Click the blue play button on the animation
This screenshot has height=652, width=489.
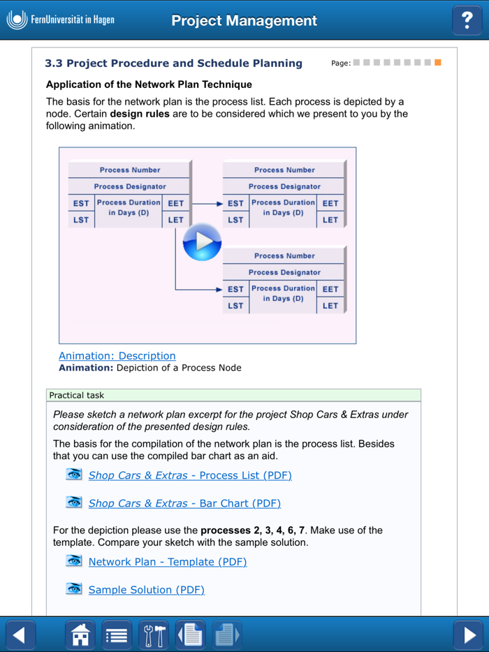point(202,242)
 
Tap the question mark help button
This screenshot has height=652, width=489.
point(467,20)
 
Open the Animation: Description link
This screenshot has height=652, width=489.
point(117,356)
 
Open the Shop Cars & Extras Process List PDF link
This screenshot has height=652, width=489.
point(189,475)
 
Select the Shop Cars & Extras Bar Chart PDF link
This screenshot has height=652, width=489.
point(184,503)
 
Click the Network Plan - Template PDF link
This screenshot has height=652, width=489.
point(167,562)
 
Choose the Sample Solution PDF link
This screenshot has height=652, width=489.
point(146,590)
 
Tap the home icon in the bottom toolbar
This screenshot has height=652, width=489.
point(80,635)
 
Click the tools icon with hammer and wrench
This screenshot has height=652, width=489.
point(153,635)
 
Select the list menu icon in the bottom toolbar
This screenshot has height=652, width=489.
point(117,635)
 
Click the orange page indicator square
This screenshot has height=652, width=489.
point(438,63)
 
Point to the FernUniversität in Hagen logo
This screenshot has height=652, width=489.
point(60,20)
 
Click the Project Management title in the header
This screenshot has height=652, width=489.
point(244,21)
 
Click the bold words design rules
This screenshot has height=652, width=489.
point(140,114)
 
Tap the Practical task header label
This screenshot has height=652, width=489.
point(76,395)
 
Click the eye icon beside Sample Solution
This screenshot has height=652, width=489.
point(74,589)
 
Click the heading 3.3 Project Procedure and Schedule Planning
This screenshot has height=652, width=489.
point(173,64)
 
